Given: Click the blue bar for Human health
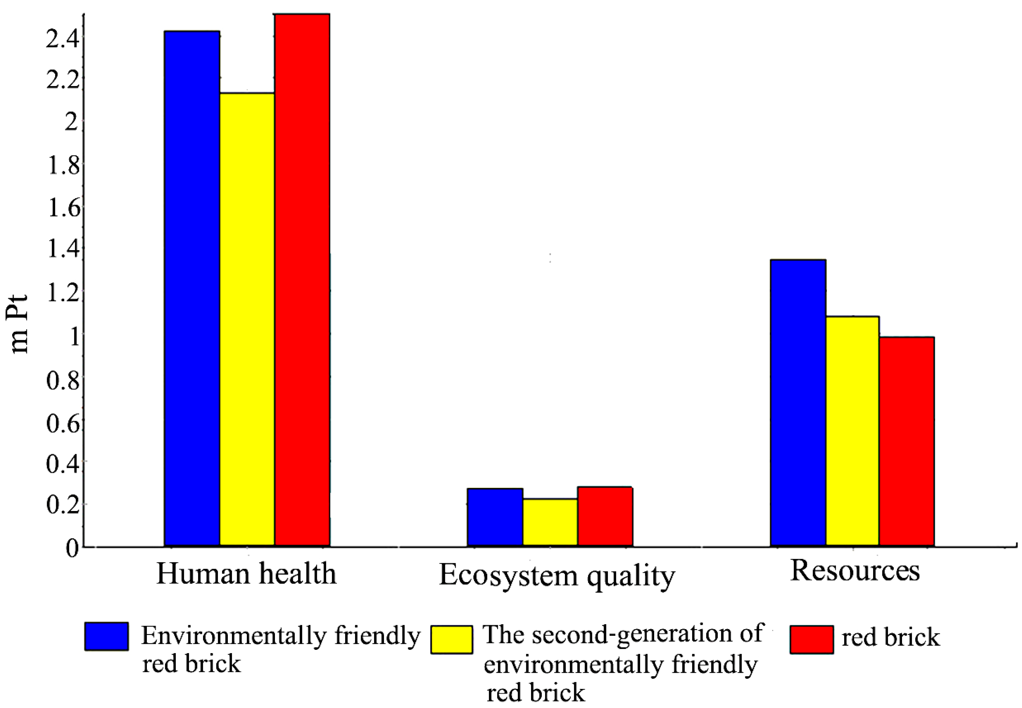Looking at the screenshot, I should click(x=192, y=288).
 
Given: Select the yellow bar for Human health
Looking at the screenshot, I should click(x=247, y=319).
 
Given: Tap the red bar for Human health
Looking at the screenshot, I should click(x=302, y=280).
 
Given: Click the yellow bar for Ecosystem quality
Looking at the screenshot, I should click(x=550, y=522).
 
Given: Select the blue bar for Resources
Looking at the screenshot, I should click(x=798, y=402).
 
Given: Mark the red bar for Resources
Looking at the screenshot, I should click(x=907, y=441).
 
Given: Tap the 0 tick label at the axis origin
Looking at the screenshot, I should click(x=72, y=548).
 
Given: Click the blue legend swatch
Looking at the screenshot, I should click(x=107, y=637).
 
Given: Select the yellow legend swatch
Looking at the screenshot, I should click(x=452, y=639).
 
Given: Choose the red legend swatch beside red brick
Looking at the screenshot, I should click(x=811, y=639).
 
